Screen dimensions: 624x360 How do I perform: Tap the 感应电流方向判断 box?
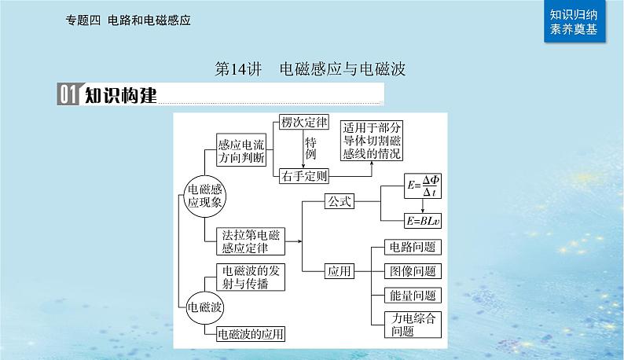(244, 149)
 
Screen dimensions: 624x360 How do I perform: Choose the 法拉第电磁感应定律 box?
(244, 241)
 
